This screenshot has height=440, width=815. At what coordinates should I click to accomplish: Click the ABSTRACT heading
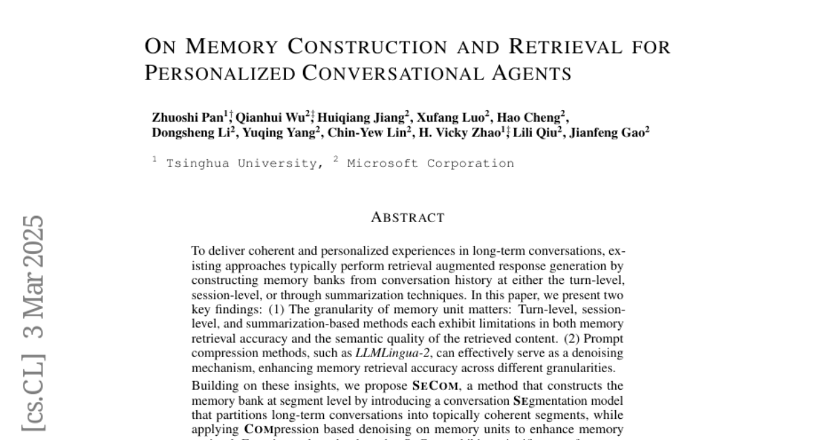[x=407, y=218]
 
